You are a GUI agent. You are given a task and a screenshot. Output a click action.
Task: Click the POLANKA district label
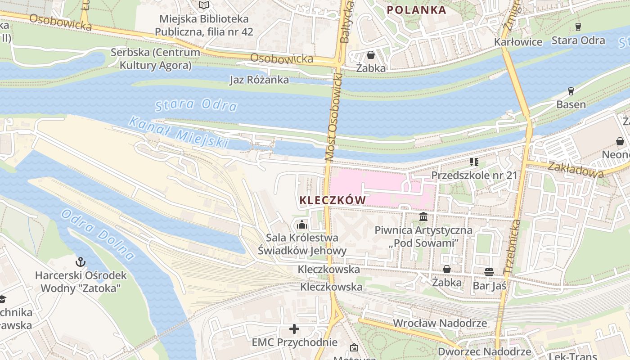(416, 10)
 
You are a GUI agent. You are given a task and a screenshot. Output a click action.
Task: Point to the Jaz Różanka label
(259, 80)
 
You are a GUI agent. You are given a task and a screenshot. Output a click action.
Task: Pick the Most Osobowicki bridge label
(333, 115)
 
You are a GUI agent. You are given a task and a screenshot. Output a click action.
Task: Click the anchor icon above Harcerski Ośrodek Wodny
(81, 261)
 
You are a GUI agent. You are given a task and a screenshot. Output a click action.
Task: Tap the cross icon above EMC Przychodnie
(294, 329)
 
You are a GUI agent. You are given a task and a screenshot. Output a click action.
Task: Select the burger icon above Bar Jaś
(489, 272)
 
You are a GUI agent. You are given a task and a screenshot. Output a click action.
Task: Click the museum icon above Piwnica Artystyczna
(423, 217)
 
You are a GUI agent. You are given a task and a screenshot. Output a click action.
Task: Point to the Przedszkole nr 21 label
(474, 175)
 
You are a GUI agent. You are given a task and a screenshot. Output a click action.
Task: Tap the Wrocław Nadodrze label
(440, 323)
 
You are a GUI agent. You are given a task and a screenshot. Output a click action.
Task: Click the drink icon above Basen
(571, 91)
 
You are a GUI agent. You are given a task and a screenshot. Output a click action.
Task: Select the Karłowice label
(518, 42)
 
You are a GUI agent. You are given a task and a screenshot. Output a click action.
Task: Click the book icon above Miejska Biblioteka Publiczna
(204, 5)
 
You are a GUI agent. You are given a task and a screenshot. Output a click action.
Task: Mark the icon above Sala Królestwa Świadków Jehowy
(302, 224)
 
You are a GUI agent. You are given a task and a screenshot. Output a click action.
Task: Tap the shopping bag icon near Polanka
(371, 55)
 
